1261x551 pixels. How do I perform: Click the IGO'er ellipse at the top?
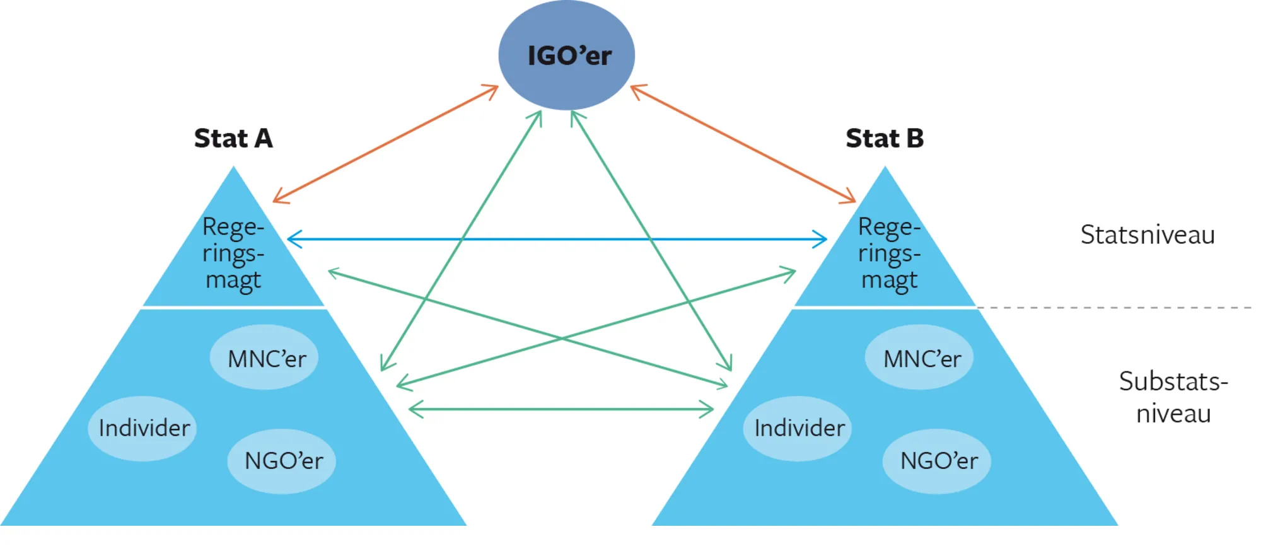click(x=567, y=55)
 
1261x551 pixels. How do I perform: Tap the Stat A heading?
click(x=233, y=138)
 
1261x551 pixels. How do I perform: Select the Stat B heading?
click(x=885, y=138)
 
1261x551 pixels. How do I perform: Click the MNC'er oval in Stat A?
click(x=264, y=357)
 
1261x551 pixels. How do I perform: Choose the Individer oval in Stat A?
click(x=142, y=429)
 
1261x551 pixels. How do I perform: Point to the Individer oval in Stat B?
click(x=798, y=429)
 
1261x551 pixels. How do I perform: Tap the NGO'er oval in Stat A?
click(x=282, y=461)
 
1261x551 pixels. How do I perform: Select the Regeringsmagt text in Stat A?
click(x=233, y=253)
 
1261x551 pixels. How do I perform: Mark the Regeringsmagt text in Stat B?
click(x=889, y=253)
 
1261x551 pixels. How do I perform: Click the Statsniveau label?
click(x=1148, y=235)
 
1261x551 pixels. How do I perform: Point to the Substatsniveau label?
click(x=1173, y=397)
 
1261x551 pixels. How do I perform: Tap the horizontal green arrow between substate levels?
click(x=561, y=409)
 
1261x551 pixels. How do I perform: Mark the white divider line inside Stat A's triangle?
click(x=233, y=308)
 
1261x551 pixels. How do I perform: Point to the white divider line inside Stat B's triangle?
click(x=885, y=308)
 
